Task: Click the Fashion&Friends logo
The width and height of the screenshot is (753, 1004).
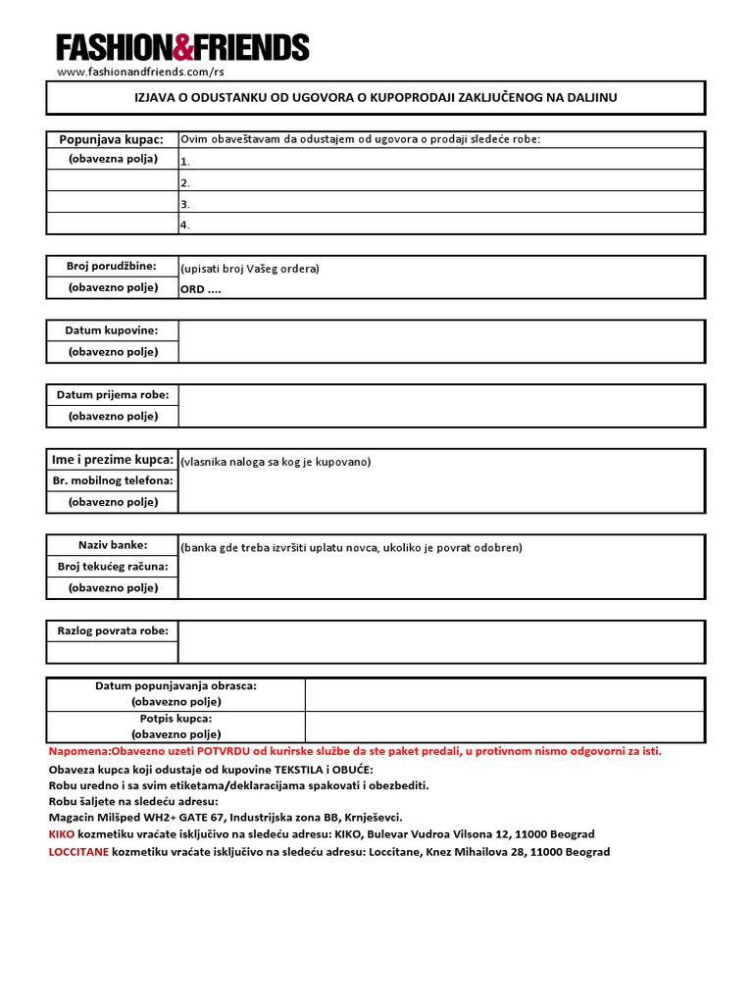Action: coord(182,47)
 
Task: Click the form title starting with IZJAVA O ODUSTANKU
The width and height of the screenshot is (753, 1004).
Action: coord(376,97)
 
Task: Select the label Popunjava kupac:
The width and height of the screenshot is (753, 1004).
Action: coord(112,139)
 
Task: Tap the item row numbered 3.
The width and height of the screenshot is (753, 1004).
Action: coord(440,203)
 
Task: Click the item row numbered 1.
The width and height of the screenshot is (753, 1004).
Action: coord(440,161)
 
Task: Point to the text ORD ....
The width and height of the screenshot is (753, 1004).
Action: coord(194,289)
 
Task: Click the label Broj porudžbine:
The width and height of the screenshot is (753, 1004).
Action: coord(112,267)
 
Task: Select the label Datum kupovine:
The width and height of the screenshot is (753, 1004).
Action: coord(112,330)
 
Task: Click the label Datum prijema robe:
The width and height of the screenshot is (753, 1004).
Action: coord(112,395)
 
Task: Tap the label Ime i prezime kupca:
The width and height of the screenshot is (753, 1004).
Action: coord(112,460)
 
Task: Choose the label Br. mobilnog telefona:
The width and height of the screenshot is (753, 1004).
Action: coord(112,480)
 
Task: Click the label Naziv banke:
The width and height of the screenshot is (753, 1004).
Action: coord(112,545)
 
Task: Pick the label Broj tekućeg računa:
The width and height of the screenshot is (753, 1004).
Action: coord(112,567)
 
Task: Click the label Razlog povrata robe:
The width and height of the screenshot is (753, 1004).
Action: coord(112,630)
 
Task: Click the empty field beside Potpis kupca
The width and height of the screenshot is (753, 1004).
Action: coord(504,727)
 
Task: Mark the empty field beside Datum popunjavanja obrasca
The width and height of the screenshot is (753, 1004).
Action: coord(504,694)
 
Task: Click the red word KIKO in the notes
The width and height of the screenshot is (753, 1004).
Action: coord(61,834)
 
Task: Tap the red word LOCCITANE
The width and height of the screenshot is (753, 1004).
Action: coord(79,852)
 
